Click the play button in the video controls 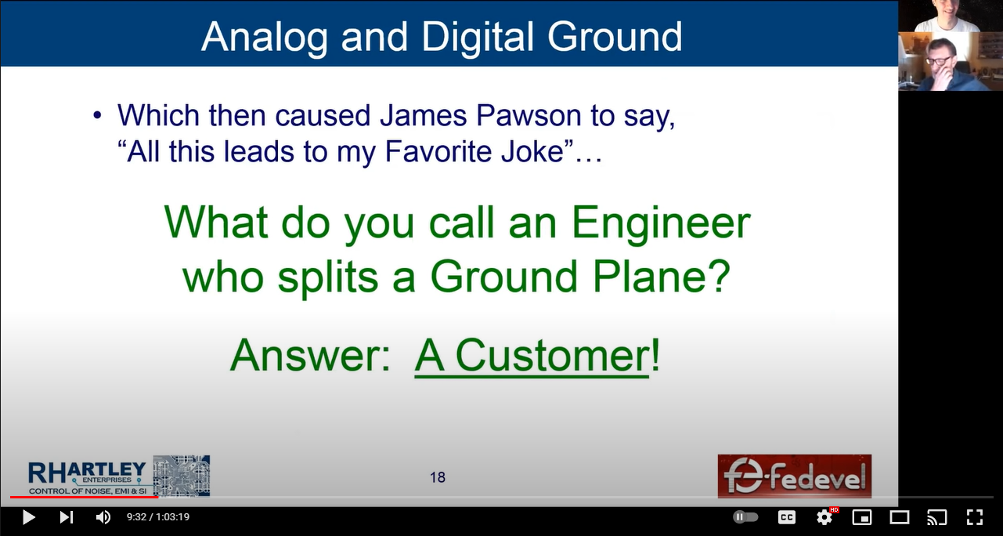pos(29,517)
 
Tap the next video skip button pos(67,517)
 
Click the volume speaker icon pos(103,517)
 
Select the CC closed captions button pos(787,517)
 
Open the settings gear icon pos(824,518)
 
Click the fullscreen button pos(974,517)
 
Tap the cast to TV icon pos(936,517)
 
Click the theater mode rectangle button pos(899,517)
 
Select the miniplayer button pos(861,517)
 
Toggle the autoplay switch pos(745,517)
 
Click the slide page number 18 pos(438,477)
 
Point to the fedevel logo pos(795,476)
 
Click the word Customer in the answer pos(552,356)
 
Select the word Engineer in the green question pos(661,223)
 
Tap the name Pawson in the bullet pos(529,116)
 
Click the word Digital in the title pos(478,36)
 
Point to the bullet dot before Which pos(97,116)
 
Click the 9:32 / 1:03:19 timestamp pos(158,517)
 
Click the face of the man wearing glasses pos(941,60)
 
